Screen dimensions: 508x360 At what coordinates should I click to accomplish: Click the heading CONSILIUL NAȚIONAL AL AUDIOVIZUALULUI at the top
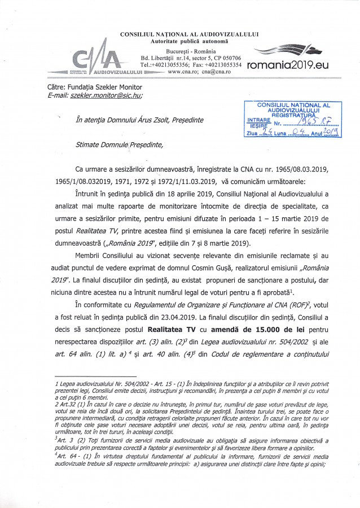(190, 34)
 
